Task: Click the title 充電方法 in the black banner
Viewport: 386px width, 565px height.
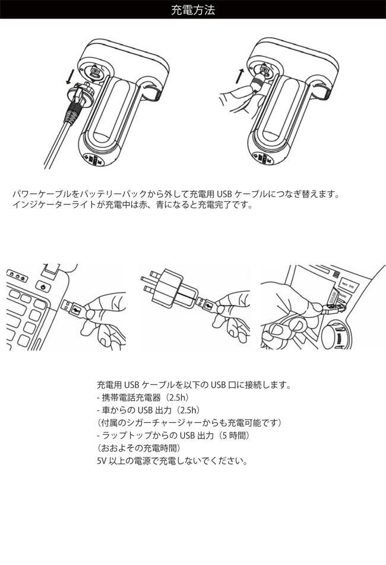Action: [193, 10]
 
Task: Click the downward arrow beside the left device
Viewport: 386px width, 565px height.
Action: [71, 75]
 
